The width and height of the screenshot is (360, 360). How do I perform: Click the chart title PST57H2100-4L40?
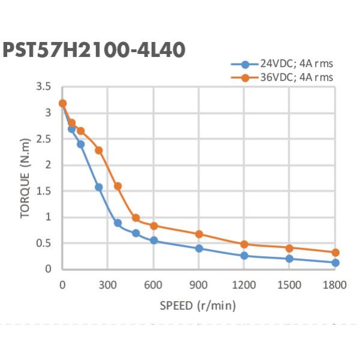(x=94, y=49)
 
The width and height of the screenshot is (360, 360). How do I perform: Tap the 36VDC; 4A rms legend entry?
(x=283, y=77)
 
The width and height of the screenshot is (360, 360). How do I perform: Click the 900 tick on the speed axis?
(x=199, y=285)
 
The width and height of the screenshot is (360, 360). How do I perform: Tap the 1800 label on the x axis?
(x=335, y=285)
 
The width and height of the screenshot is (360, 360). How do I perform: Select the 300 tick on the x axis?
(x=107, y=285)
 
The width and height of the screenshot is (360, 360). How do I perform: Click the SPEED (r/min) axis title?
(x=198, y=306)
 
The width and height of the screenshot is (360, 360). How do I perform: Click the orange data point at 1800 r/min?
(x=335, y=253)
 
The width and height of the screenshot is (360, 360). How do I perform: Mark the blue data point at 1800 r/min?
(x=335, y=263)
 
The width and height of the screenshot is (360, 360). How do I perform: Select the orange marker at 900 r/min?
(x=199, y=234)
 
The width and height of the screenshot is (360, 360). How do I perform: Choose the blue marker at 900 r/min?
(x=199, y=248)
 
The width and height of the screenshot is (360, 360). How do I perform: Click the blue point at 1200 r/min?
(x=244, y=256)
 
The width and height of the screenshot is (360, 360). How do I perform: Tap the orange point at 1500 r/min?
(x=289, y=248)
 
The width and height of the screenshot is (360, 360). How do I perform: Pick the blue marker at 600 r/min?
(x=154, y=241)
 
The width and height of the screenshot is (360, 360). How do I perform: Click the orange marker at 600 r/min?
(x=154, y=226)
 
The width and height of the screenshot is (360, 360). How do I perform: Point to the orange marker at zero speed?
(x=62, y=103)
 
